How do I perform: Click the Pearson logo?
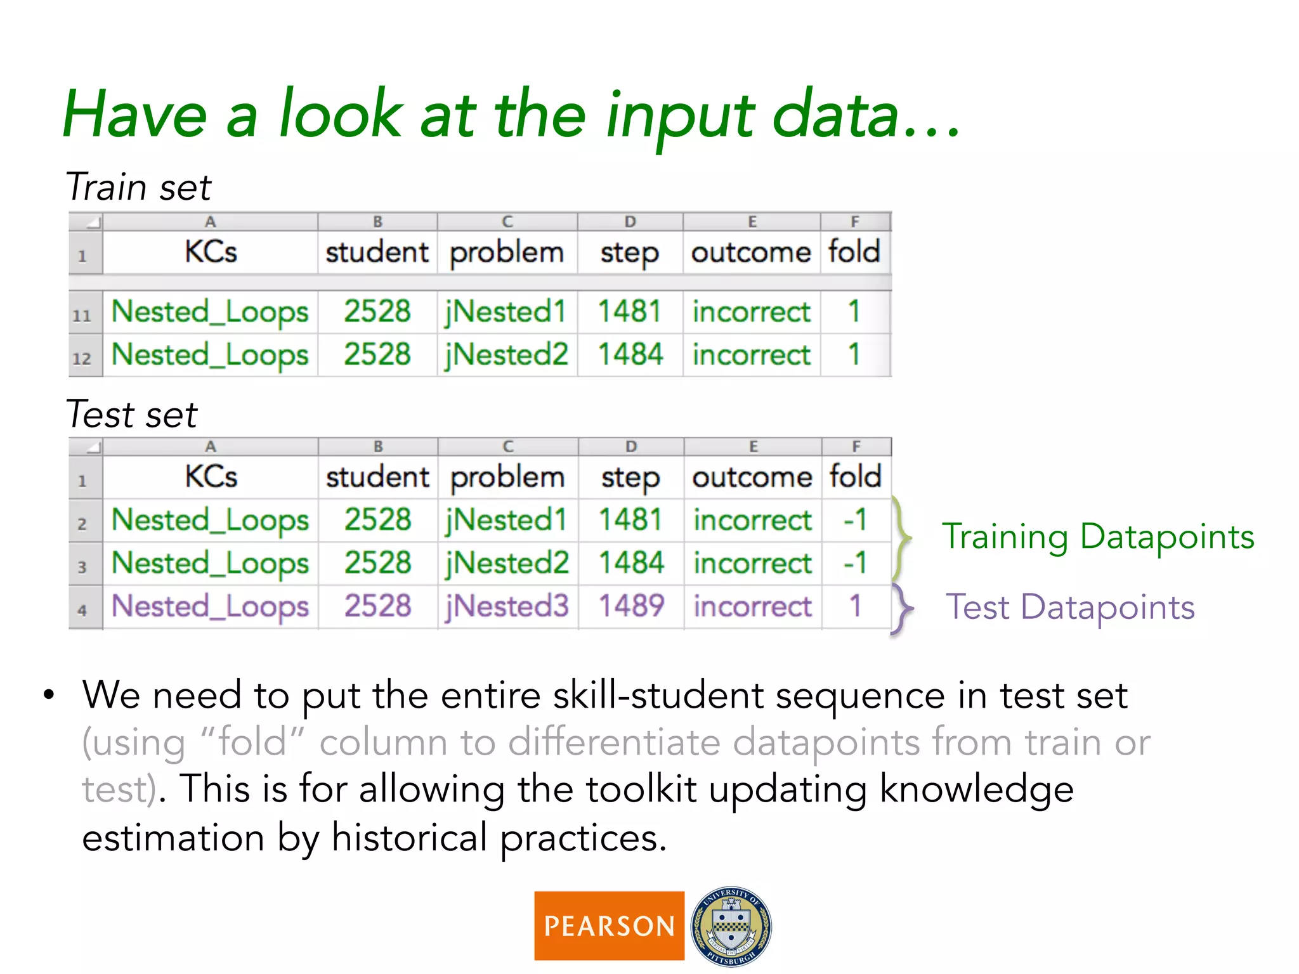coord(609,926)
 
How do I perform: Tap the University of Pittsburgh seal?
coord(731,926)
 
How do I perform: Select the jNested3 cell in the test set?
coord(507,606)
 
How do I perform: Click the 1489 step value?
coord(631,606)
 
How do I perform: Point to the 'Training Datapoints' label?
coord(1097,537)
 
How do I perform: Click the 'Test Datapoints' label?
coord(1070,607)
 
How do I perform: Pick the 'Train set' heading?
coord(138,187)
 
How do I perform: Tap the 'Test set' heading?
coord(132,415)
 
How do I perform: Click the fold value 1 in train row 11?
coord(854,312)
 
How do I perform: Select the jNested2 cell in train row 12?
coord(506,354)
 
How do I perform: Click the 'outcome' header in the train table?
coord(751,252)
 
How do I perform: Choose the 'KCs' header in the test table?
coord(211,477)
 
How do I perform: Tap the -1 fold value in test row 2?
coord(854,520)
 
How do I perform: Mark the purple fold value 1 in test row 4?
coord(855,606)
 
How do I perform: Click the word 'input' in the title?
coord(679,117)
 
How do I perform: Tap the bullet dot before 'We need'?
coord(49,695)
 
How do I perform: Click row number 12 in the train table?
coord(82,358)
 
